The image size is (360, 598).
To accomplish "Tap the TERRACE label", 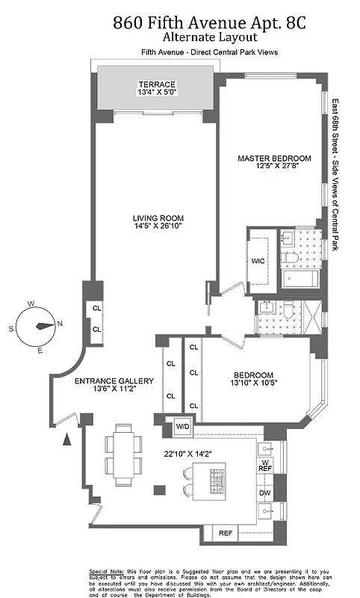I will tap(156, 84).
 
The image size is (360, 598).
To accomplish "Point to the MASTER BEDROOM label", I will tap(274, 158).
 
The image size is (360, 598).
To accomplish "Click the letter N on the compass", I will tap(59, 324).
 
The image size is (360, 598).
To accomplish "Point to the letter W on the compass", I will tap(32, 304).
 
